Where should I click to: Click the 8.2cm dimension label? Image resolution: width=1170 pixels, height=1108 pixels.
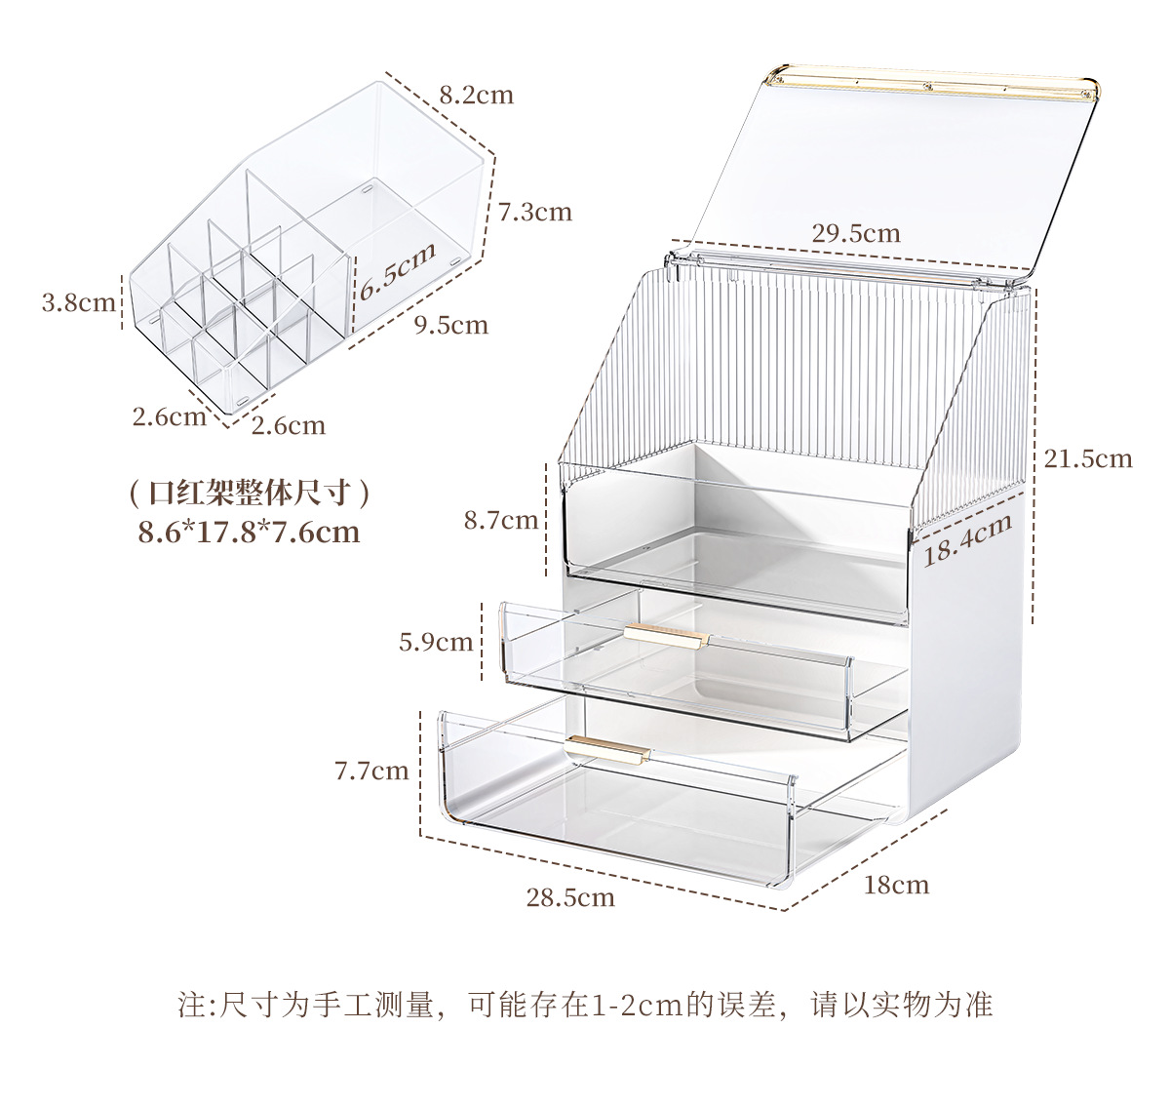[475, 95]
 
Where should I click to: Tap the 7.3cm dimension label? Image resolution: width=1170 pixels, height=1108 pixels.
[534, 212]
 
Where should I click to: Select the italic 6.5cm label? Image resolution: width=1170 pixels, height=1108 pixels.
[395, 274]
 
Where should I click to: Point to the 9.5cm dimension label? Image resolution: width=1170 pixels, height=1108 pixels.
[449, 325]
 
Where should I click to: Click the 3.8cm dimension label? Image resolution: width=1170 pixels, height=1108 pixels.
[79, 302]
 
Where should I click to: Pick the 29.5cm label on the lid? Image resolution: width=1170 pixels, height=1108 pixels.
[855, 233]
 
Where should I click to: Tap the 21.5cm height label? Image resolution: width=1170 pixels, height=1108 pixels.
[1087, 457]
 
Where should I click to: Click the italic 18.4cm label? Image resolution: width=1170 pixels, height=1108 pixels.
[967, 539]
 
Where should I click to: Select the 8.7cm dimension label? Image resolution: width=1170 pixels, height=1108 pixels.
[500, 520]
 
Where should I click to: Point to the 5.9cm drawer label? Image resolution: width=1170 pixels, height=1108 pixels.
[435, 641]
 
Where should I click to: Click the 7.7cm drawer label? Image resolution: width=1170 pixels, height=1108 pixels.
[371, 771]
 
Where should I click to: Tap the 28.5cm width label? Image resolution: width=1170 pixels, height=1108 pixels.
[570, 896]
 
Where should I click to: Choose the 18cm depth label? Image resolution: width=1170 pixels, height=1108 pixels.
[896, 885]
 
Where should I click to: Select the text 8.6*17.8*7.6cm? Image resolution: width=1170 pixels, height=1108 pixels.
[249, 533]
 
